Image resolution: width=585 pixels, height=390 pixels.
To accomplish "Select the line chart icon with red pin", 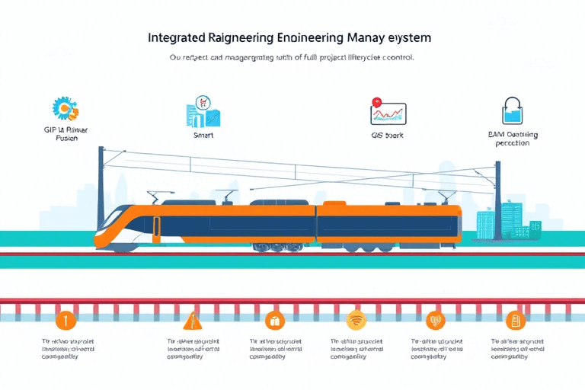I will (388, 112).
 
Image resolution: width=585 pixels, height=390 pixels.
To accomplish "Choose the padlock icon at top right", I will (511, 111).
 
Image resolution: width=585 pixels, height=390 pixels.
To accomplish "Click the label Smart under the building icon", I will (203, 135).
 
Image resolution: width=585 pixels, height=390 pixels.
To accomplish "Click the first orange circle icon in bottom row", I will (66, 320).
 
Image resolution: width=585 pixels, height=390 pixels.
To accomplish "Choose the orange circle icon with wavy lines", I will (356, 320).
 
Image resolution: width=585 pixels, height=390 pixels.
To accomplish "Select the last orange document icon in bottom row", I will (518, 320).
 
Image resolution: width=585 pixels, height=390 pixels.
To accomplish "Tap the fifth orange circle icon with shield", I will (436, 320).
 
